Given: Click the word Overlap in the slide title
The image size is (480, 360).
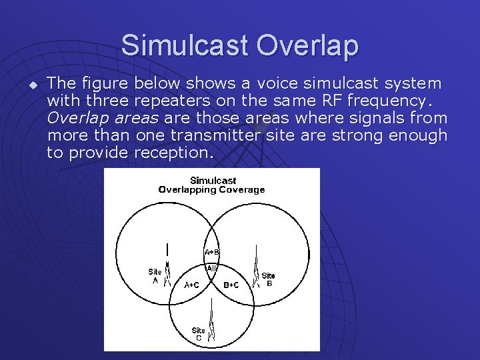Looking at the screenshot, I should click(x=307, y=45).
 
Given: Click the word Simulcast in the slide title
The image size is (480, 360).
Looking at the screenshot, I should click(x=185, y=45).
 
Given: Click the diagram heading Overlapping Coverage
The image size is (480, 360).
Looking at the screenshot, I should click(x=211, y=189).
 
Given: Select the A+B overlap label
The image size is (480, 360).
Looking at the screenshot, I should click(x=211, y=252).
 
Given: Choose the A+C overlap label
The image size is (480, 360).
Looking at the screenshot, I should click(x=191, y=285).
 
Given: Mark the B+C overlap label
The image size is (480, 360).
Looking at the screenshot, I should click(x=232, y=285).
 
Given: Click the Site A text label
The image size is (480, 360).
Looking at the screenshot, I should click(x=155, y=276).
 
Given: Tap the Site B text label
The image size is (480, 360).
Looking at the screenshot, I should click(x=268, y=279).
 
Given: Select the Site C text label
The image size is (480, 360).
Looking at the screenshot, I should click(x=198, y=334).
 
